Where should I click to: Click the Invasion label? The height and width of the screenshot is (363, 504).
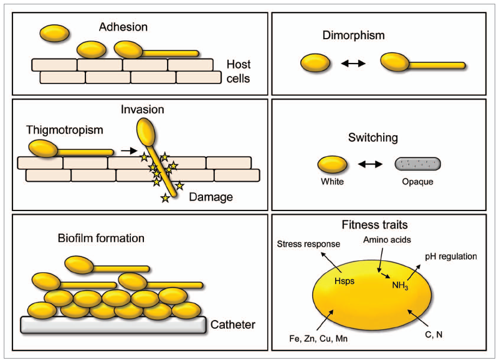coord(143,110)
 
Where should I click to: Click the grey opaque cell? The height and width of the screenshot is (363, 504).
coord(418,164)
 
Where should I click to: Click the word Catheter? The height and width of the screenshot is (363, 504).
coord(233,324)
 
